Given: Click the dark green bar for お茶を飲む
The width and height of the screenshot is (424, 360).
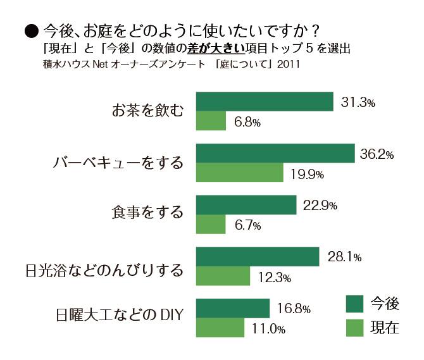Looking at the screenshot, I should coord(265,102).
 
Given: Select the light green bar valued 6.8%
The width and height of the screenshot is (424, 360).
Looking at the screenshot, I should coord(211,121).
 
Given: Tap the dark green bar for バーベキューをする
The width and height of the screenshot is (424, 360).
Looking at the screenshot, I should coord(275,153).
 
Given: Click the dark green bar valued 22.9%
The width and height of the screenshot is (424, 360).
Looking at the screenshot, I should coord(246,205).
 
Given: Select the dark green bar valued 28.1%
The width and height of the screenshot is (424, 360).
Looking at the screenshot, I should coord(258,257).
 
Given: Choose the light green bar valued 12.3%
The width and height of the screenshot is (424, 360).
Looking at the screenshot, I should coord(223,276).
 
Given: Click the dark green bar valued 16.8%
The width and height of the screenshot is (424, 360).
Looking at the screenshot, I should coord(234,308).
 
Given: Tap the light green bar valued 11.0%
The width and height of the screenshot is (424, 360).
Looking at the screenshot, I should coord(220,328).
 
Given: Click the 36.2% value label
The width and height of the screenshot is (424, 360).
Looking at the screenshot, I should coord(377,154).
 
